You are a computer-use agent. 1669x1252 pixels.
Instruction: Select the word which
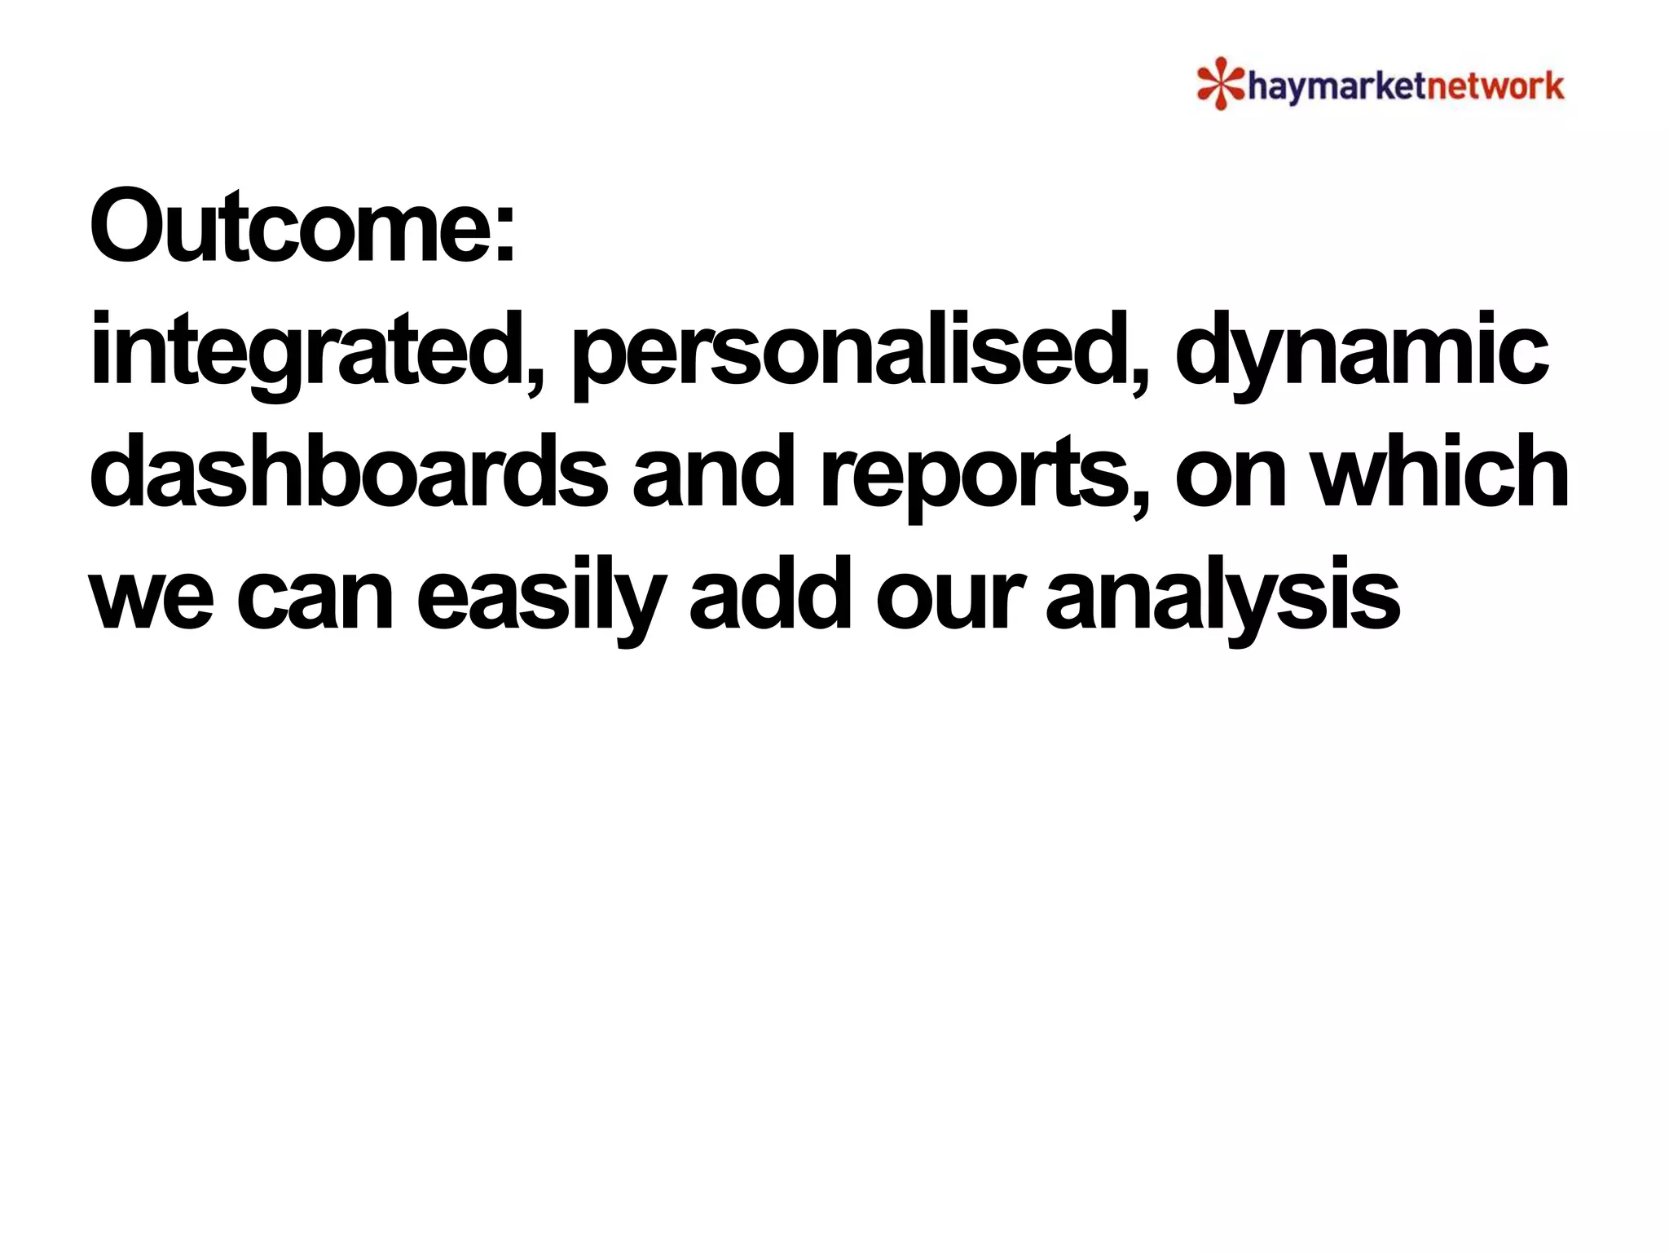pyautogui.click(x=1442, y=473)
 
